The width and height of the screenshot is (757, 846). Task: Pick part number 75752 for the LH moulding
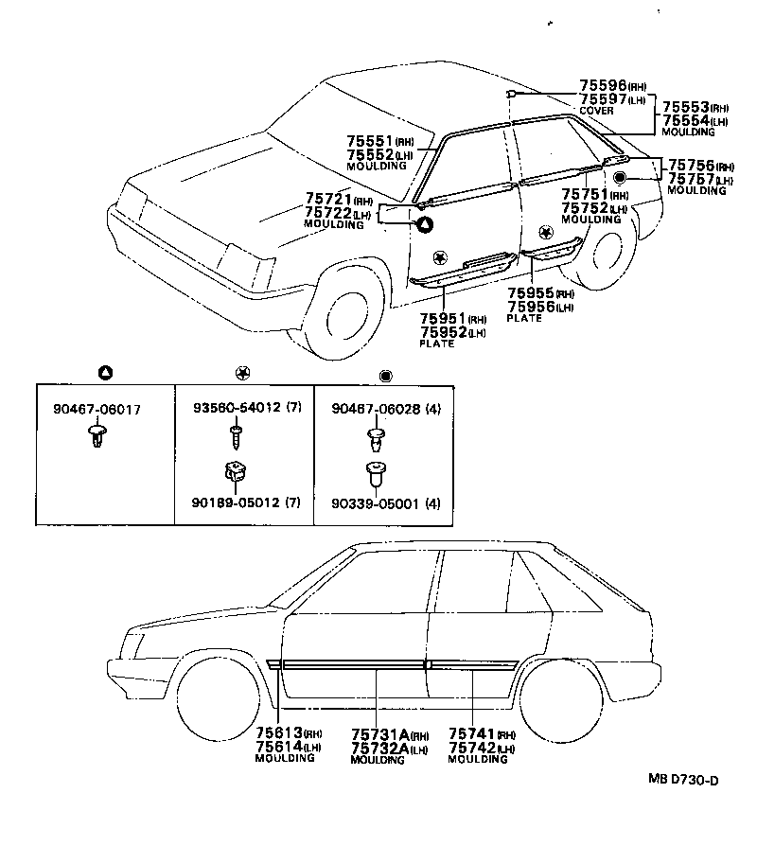coord(585,208)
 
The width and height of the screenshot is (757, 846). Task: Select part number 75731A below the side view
coord(380,733)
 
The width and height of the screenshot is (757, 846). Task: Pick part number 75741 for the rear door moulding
coord(471,733)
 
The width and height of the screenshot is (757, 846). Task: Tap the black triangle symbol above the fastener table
coord(105,372)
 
